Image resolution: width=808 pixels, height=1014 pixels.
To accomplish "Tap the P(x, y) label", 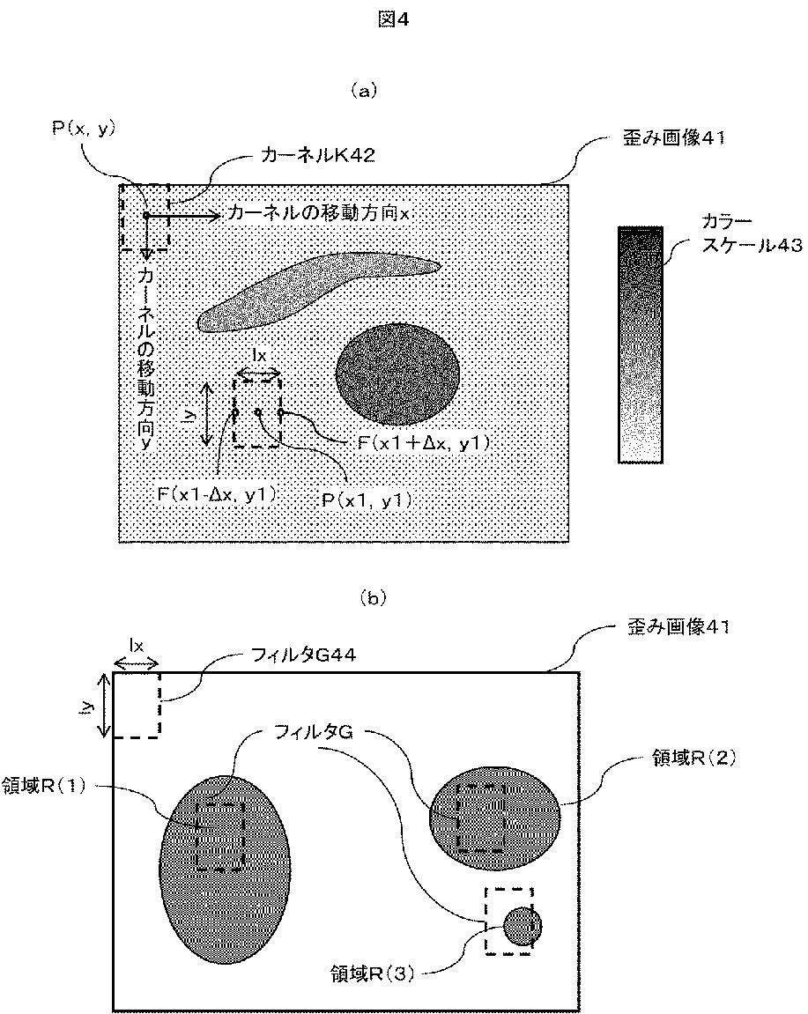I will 84,129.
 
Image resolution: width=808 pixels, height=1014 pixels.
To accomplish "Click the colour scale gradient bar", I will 641,344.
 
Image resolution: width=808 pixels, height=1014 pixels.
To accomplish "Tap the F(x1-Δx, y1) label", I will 217,494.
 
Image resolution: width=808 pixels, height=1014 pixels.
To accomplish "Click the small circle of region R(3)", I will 523,926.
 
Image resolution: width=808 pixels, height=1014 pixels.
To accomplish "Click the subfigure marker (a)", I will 363,90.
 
